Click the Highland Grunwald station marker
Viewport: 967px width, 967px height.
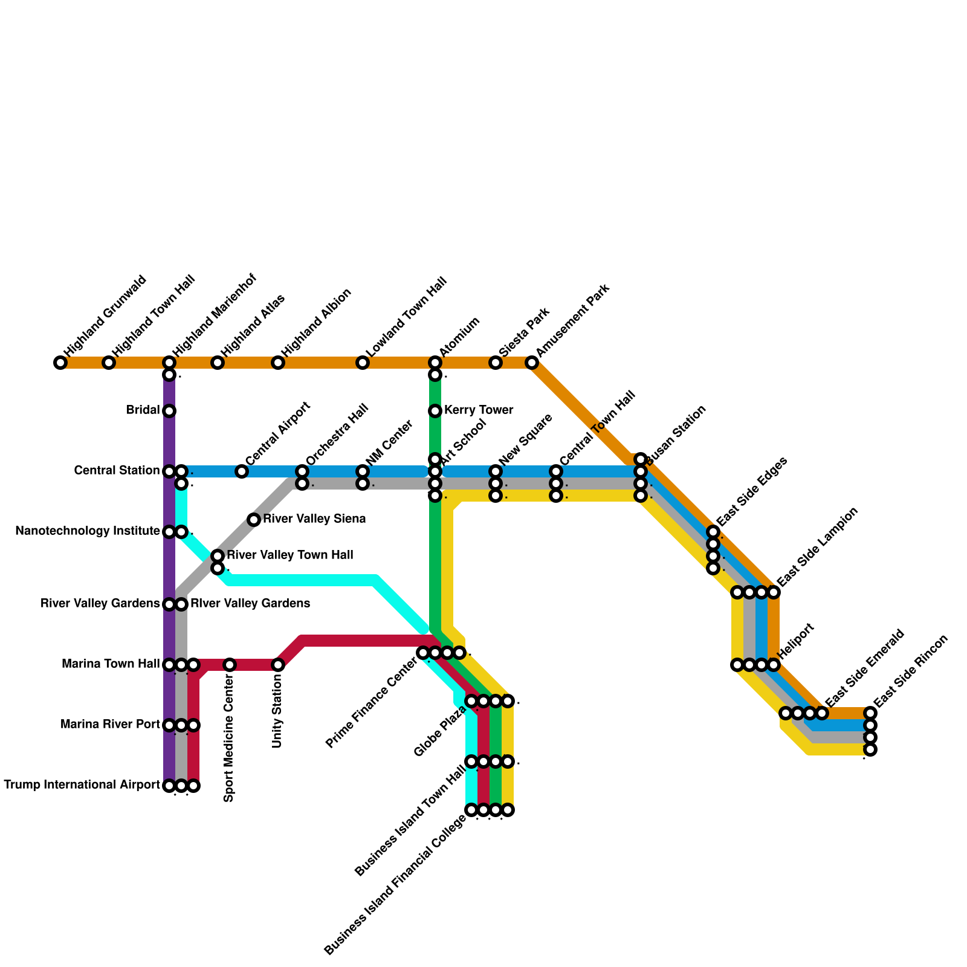click(x=60, y=363)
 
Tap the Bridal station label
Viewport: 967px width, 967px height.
click(x=143, y=410)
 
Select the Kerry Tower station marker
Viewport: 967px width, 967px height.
click(x=435, y=411)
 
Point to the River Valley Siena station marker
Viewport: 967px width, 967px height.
click(x=254, y=520)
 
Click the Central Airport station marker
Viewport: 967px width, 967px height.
click(x=242, y=471)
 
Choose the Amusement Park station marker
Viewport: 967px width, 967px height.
click(x=532, y=363)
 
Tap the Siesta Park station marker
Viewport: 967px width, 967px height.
click(x=496, y=363)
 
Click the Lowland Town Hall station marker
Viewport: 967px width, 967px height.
click(x=363, y=363)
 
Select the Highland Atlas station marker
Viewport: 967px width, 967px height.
click(x=218, y=363)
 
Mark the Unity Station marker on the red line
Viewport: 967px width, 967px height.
click(x=278, y=665)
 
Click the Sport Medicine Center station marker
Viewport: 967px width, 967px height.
click(x=230, y=665)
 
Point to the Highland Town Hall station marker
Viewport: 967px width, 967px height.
click(x=109, y=363)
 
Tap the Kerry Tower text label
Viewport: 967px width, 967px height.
click(x=479, y=410)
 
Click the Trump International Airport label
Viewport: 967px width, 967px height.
click(x=82, y=785)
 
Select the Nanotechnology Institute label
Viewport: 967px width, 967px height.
click(x=88, y=531)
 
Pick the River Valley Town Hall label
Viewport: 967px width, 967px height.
click(x=290, y=555)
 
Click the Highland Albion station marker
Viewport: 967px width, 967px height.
click(x=278, y=363)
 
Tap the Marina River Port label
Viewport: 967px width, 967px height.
click(x=111, y=725)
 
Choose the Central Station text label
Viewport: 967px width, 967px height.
click(x=117, y=470)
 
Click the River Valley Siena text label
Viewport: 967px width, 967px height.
click(x=314, y=519)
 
